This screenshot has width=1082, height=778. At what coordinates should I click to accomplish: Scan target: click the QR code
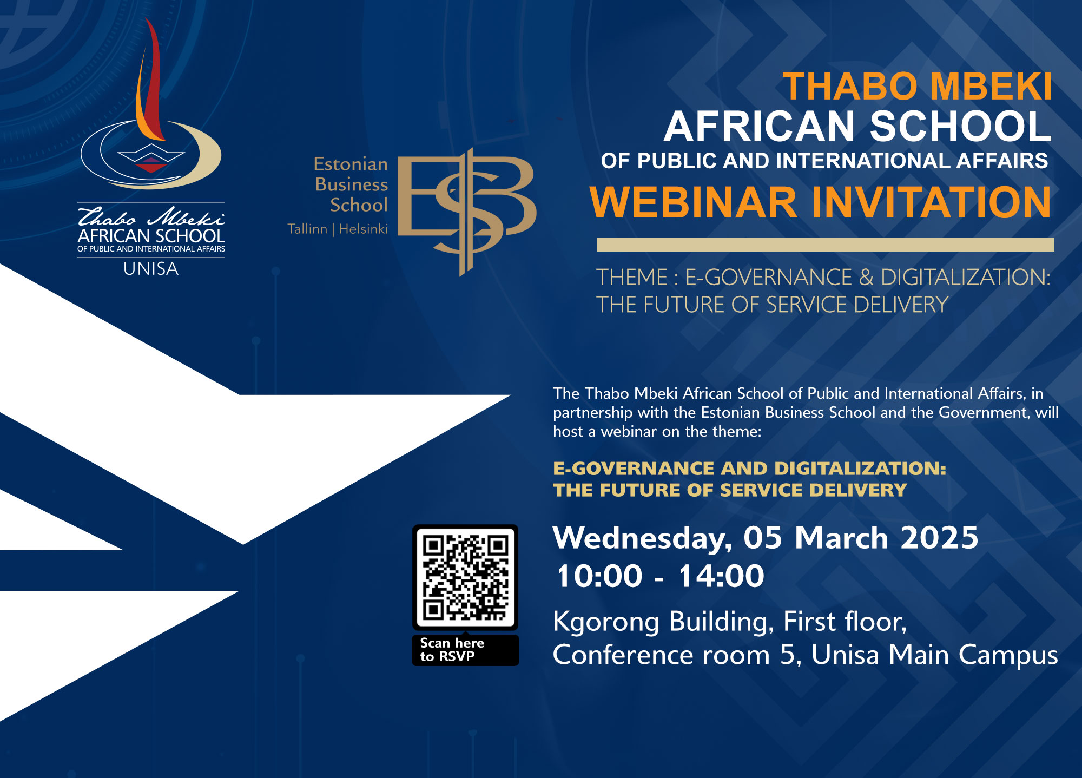coord(465,577)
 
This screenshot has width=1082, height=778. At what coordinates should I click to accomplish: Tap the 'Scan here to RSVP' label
coord(452,650)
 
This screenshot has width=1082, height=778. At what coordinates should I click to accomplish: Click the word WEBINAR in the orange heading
coord(694,202)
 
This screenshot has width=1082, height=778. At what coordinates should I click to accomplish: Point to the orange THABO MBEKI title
coord(918,87)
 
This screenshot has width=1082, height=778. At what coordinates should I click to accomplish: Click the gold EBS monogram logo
coord(466,212)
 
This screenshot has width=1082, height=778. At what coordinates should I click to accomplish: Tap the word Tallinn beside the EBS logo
coord(307,229)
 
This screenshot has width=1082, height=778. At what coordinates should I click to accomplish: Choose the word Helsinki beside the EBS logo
coord(364,229)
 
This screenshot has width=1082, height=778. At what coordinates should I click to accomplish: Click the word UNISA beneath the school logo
coord(151,269)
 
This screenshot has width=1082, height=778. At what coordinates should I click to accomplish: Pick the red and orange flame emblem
coord(150,81)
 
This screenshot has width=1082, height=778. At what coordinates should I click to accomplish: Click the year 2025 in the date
coord(940,538)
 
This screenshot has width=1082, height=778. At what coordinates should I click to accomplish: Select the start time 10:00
coord(599,576)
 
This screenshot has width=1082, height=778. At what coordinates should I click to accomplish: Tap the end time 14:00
coord(721,576)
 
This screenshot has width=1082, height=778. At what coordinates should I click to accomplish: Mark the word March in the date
coord(841,538)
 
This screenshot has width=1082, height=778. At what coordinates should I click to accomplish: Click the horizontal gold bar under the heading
coord(826,245)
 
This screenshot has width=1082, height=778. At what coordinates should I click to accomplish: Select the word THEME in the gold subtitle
coord(632,278)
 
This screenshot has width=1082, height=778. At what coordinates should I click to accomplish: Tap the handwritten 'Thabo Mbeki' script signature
coord(151,216)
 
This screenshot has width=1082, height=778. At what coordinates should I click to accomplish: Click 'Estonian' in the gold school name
coord(351,164)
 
